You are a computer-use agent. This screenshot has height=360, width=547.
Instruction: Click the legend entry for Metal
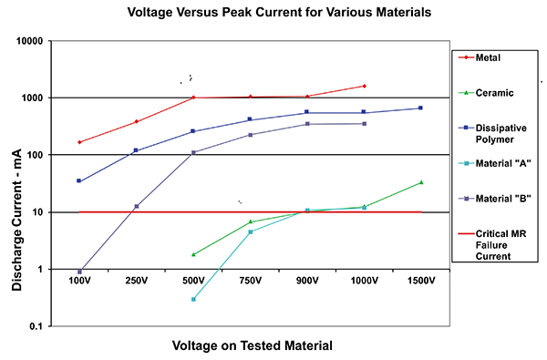[490, 57]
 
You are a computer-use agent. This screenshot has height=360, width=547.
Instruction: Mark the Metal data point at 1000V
[364, 86]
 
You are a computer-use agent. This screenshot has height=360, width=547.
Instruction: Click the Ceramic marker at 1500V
[420, 182]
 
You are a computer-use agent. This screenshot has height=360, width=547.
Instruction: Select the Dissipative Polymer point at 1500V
[420, 108]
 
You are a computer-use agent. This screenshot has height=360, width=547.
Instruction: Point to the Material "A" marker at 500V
[193, 299]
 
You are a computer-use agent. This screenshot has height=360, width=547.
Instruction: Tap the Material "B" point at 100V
[79, 272]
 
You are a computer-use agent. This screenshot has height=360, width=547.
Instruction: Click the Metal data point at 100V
[79, 142]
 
